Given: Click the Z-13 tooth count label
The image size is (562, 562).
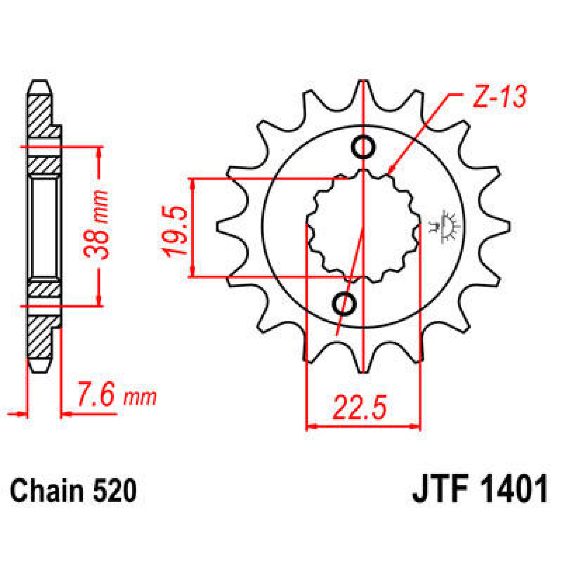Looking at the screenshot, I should [x=499, y=97].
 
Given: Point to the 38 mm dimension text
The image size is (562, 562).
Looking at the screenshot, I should [x=97, y=225].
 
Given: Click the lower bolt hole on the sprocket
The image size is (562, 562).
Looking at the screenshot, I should [x=344, y=304].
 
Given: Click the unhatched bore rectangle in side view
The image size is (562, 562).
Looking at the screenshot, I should [x=44, y=227].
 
